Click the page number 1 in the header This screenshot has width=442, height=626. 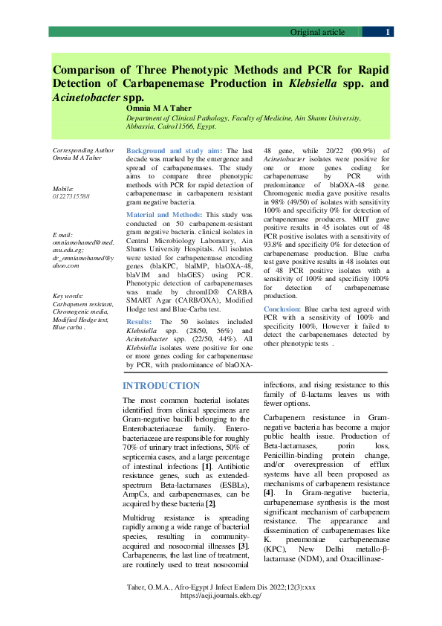click(387, 32)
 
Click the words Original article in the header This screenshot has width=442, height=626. click(317, 32)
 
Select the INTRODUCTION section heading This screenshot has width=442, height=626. click(161, 386)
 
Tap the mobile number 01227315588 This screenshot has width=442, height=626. click(71, 196)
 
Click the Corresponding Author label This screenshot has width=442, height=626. click(79, 150)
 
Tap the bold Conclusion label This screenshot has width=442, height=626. click(282, 308)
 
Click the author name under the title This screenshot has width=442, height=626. click(155, 108)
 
